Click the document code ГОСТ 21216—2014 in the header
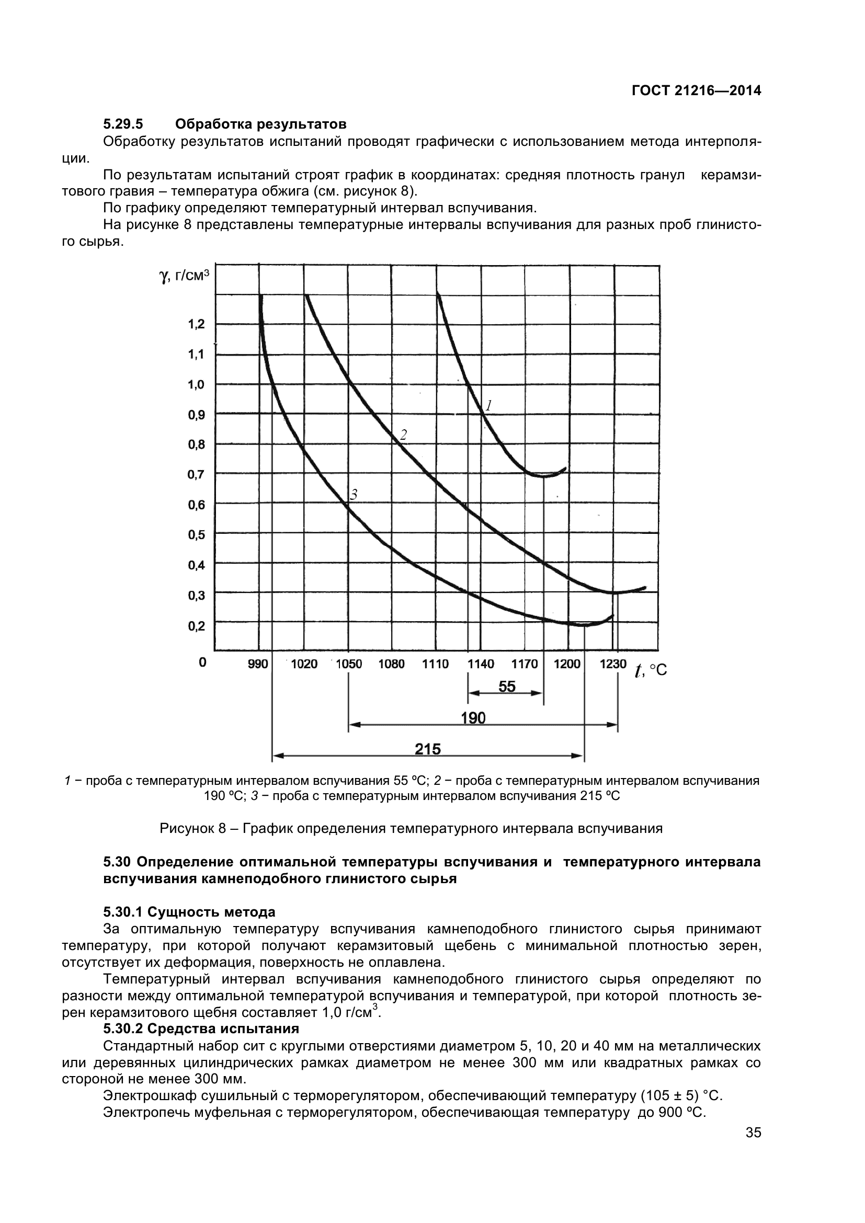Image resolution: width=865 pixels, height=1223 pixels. click(696, 90)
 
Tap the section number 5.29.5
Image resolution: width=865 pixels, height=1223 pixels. click(123, 124)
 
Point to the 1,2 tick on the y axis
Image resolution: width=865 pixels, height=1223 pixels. click(196, 324)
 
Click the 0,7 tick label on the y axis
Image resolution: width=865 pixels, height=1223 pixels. click(196, 474)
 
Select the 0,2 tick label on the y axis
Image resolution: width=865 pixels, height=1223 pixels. click(196, 625)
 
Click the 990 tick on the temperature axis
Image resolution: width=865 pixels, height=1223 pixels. click(258, 664)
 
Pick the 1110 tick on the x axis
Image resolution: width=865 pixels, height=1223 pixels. click(435, 664)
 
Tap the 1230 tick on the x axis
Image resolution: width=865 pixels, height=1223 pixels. click(613, 664)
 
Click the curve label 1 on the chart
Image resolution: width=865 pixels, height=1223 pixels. click(488, 406)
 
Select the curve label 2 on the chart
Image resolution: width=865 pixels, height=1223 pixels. click(403, 435)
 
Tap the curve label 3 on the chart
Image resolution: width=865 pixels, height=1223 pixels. click(352, 495)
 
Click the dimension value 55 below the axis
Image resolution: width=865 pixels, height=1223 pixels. click(507, 687)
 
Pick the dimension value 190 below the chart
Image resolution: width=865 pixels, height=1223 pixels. click(473, 718)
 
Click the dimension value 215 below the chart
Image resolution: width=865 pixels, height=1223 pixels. click(428, 749)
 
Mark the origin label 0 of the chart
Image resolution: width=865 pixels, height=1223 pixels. click(202, 662)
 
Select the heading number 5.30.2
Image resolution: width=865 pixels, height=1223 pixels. click(123, 1028)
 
